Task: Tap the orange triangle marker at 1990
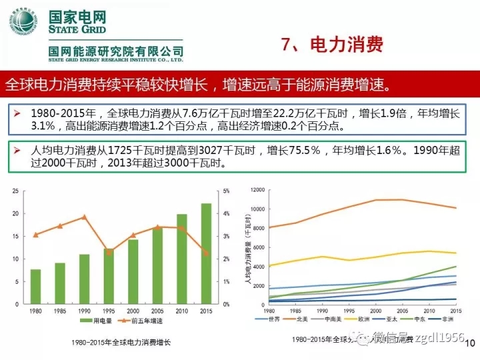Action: click(84, 217)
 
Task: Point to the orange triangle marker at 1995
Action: click(109, 251)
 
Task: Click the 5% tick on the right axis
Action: click(226, 191)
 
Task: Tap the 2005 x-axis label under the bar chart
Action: click(157, 311)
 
